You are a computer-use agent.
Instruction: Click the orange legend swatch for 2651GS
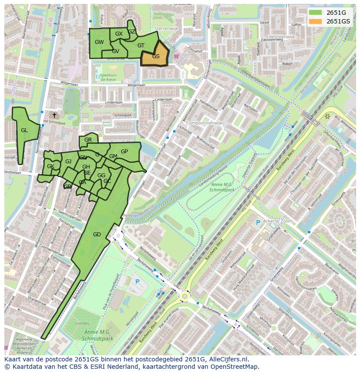click(316, 21)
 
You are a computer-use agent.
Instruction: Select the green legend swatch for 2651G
click(316, 13)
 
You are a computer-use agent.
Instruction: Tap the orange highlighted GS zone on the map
click(156, 56)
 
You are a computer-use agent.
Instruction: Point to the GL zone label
click(24, 130)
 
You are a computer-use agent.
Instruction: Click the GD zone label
click(97, 234)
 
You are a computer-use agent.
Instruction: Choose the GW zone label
click(99, 42)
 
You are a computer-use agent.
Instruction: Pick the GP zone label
click(124, 152)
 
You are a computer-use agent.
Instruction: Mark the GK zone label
click(50, 166)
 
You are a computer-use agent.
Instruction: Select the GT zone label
click(141, 45)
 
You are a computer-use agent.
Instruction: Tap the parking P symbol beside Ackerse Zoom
click(258, 222)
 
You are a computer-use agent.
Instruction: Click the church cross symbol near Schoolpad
click(54, 115)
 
